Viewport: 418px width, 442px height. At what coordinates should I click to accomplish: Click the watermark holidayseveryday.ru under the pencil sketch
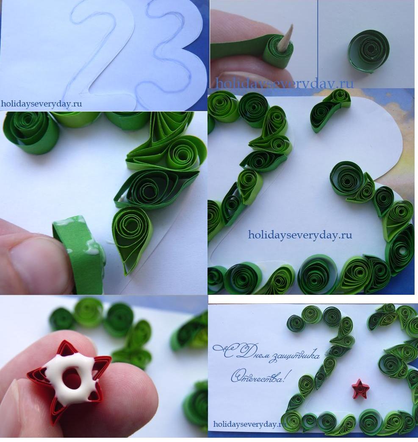(x=42, y=104)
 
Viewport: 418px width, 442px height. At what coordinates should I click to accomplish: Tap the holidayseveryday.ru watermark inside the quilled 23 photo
(x=300, y=235)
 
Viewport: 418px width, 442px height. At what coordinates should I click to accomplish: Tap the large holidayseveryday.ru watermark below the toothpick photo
(x=284, y=84)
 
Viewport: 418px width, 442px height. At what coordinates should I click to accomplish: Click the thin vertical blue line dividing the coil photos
(x=318, y=44)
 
